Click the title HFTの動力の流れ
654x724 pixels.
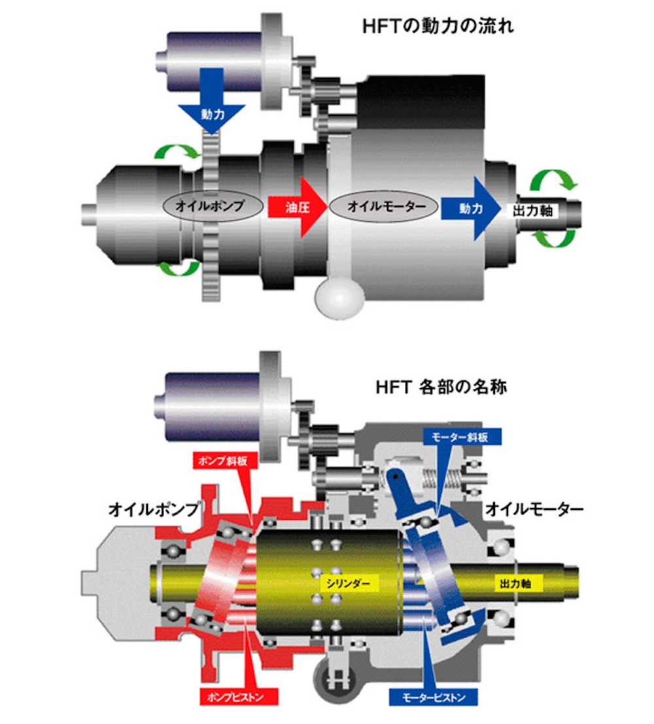[438, 26]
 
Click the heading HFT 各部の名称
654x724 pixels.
[441, 386]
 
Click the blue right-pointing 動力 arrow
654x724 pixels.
[470, 208]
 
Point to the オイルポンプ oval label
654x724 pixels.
[210, 206]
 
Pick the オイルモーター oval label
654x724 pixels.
[385, 206]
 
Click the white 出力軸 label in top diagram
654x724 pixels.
[533, 211]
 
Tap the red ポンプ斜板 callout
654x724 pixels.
[223, 460]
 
